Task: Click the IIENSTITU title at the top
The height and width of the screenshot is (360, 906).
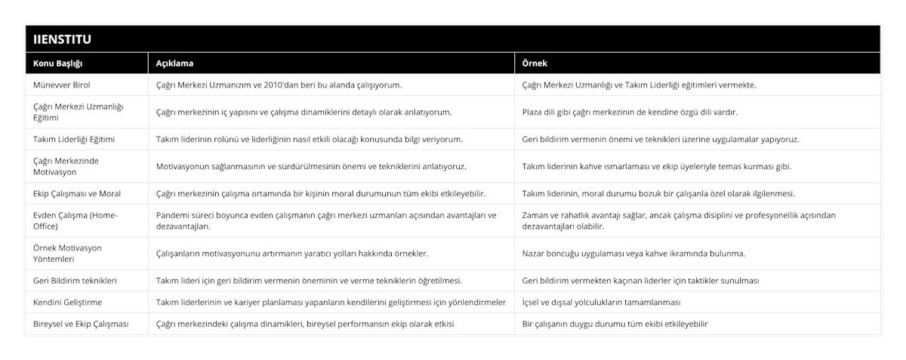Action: point(61,38)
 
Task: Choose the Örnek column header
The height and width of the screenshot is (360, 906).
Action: point(535,63)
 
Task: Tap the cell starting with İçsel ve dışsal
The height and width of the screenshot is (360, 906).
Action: point(602,302)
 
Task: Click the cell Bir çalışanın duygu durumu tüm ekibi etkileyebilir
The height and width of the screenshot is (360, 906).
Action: point(615,324)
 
